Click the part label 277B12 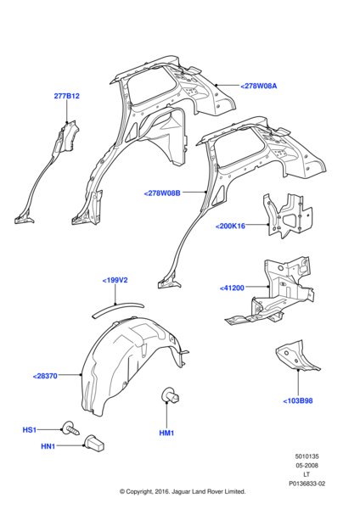[x=66, y=96]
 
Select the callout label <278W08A [x=259, y=86]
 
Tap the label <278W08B [x=162, y=193]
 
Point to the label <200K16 [x=230, y=226]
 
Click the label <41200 [x=232, y=288]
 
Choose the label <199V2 [x=115, y=280]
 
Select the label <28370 [x=45, y=376]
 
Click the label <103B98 [x=298, y=400]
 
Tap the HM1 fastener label [x=166, y=433]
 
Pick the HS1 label [x=29, y=430]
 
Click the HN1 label [x=48, y=446]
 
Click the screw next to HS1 [x=70, y=429]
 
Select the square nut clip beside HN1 [x=94, y=444]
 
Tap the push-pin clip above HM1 [x=171, y=395]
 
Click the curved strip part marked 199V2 [x=117, y=308]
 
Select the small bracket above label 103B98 [x=296, y=355]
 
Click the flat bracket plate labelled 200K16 [x=288, y=215]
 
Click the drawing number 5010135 [x=307, y=456]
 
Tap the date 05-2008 [x=307, y=465]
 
